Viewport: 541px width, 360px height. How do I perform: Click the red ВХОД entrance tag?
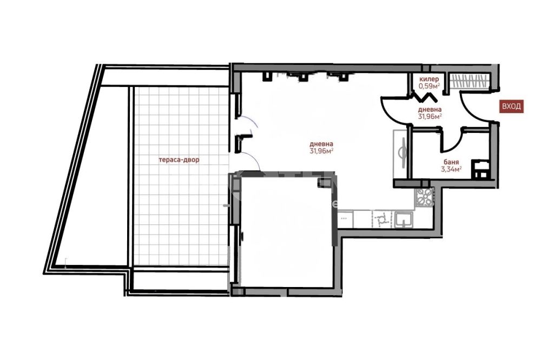pyautogui.click(x=511, y=106)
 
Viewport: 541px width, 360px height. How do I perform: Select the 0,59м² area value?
pyautogui.click(x=429, y=86)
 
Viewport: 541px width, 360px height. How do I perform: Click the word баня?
pyautogui.click(x=451, y=162)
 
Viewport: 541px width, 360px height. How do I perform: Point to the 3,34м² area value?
pyautogui.click(x=451, y=169)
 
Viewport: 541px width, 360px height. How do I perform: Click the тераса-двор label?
pyautogui.click(x=179, y=160)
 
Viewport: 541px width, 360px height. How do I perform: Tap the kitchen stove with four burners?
pyautogui.click(x=424, y=198)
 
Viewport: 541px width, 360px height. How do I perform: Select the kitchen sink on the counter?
pyautogui.click(x=404, y=219)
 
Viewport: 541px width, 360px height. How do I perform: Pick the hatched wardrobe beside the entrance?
pyautogui.click(x=470, y=82)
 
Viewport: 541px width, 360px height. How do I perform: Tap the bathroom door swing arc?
pyautogui.click(x=452, y=142)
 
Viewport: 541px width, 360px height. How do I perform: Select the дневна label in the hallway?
pyautogui.click(x=430, y=110)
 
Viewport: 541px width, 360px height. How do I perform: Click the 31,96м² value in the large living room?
pyautogui.click(x=322, y=151)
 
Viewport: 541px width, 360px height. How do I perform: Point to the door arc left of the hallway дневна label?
pyautogui.click(x=393, y=110)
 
